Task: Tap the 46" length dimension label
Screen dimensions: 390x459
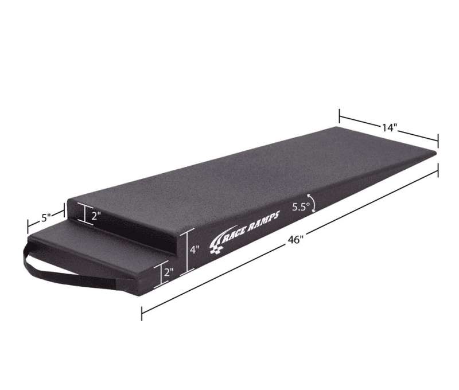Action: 295,240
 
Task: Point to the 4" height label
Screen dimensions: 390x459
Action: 195,250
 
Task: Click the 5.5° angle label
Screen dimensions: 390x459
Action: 301,208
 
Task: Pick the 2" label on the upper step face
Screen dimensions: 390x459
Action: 96,216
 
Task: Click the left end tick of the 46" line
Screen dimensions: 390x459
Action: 142,312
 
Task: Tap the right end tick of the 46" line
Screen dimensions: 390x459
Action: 438,170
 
